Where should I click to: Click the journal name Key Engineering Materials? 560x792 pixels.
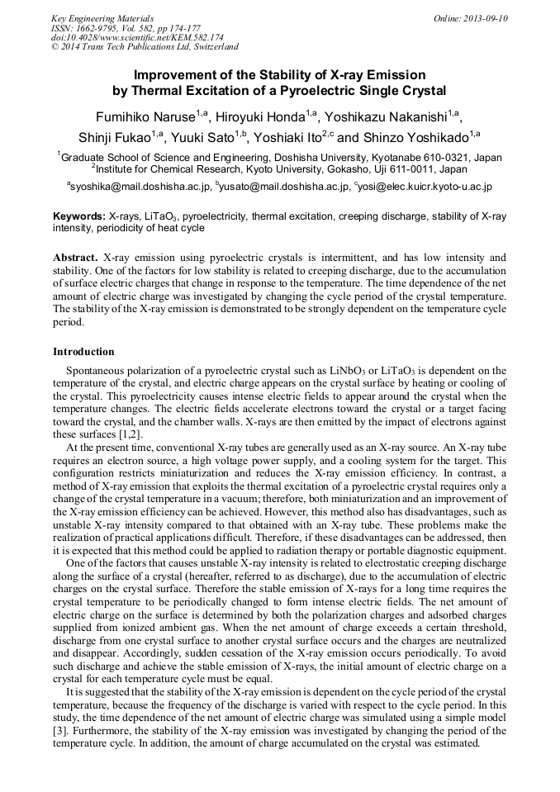[102, 18]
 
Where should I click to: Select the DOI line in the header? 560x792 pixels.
[137, 38]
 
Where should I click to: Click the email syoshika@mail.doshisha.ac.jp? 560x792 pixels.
[140, 187]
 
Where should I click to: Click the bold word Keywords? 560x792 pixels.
[78, 216]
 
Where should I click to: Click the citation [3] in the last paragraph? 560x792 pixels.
[59, 731]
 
